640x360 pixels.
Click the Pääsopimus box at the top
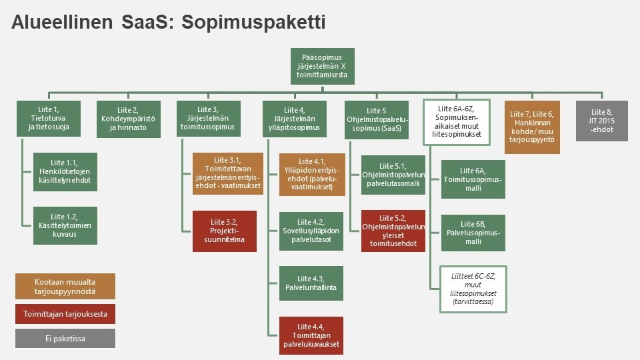pos(323,66)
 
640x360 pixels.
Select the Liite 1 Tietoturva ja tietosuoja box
pos(49,119)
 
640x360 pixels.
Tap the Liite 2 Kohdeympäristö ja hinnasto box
pos(129,119)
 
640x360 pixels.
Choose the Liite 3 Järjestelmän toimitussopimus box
pos(209,119)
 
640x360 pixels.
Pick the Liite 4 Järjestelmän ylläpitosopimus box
pos(294,119)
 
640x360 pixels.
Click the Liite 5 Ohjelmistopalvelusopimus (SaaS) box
pos(376,119)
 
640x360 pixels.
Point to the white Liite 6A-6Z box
pos(457,122)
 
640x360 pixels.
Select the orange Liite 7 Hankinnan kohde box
pos(532,127)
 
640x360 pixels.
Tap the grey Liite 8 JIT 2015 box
pos(602,121)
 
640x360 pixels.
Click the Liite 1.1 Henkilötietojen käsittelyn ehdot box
pos(65,172)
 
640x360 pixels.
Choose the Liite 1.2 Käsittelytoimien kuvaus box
pos(65,225)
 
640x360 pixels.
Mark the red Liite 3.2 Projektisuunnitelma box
pos(225,231)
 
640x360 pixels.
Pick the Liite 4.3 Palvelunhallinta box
pos(311,283)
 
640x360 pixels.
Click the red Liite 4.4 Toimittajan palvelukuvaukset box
pos(311,335)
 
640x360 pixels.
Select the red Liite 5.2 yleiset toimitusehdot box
pos(393,231)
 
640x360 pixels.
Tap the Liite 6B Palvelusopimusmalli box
pos(473,233)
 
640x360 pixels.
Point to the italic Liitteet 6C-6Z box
pos(473,289)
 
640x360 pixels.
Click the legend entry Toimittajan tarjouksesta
pos(65,314)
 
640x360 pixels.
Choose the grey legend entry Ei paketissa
pos(65,339)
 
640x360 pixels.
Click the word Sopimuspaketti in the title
pos(253,23)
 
